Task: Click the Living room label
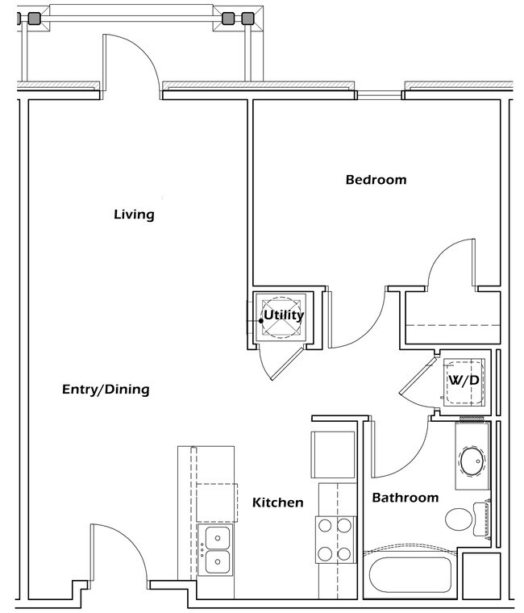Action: (x=134, y=215)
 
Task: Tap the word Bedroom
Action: (x=376, y=180)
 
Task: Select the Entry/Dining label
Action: (x=106, y=390)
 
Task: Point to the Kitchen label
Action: (x=278, y=502)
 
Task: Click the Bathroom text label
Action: (x=405, y=498)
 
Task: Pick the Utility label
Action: (x=284, y=315)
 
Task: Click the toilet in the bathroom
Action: (x=462, y=519)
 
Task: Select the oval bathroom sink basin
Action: (x=471, y=463)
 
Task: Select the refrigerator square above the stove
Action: (x=333, y=454)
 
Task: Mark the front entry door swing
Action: (x=121, y=548)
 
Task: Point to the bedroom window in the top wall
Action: (x=380, y=95)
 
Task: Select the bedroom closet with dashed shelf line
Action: (x=451, y=319)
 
